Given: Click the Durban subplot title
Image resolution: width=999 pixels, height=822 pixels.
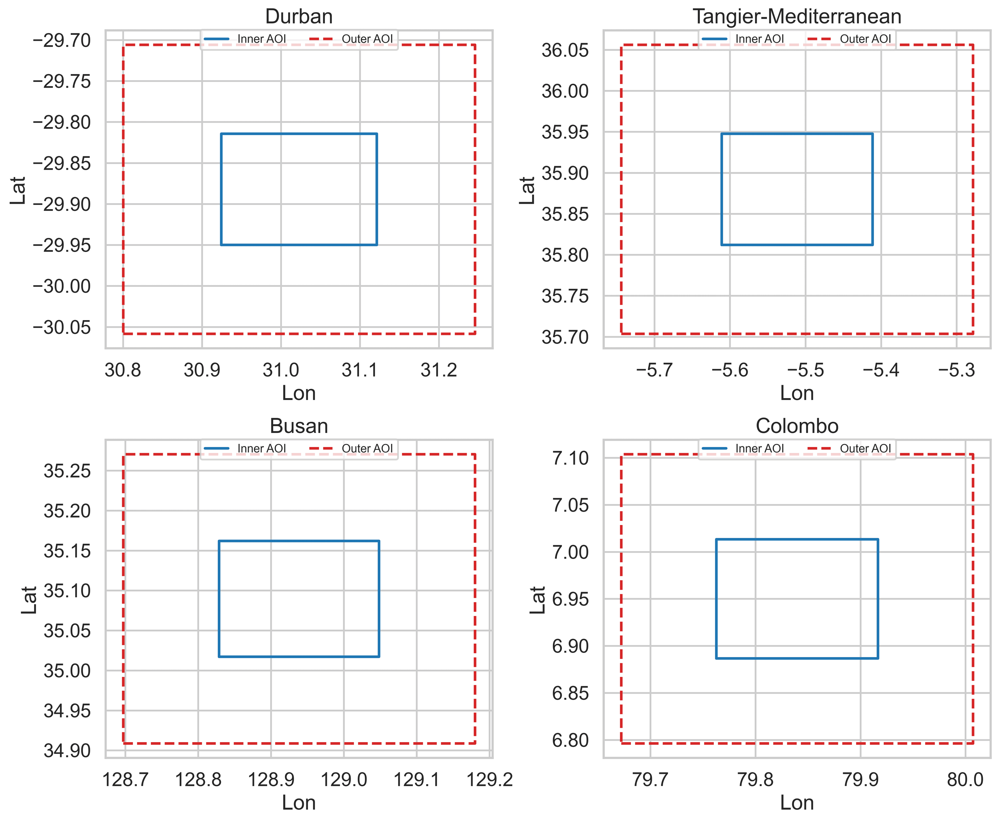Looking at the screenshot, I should (299, 17).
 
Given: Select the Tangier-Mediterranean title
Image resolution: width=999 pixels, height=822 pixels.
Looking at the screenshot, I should (797, 17).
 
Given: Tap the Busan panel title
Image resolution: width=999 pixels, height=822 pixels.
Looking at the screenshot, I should (299, 426).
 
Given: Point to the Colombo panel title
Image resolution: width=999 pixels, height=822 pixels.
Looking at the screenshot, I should (797, 426).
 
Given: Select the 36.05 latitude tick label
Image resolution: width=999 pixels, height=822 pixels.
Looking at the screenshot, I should (565, 50).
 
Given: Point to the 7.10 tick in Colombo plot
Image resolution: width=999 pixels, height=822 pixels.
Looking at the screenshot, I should (570, 458).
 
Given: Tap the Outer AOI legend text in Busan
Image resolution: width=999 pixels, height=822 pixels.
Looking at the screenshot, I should (367, 448).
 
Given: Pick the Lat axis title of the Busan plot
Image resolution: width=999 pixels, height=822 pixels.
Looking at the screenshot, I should (29, 600).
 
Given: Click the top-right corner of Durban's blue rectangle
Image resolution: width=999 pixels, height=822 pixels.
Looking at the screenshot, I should (377, 134).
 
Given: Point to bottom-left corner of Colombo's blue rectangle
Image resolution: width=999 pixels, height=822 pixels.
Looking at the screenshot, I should (716, 658).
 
